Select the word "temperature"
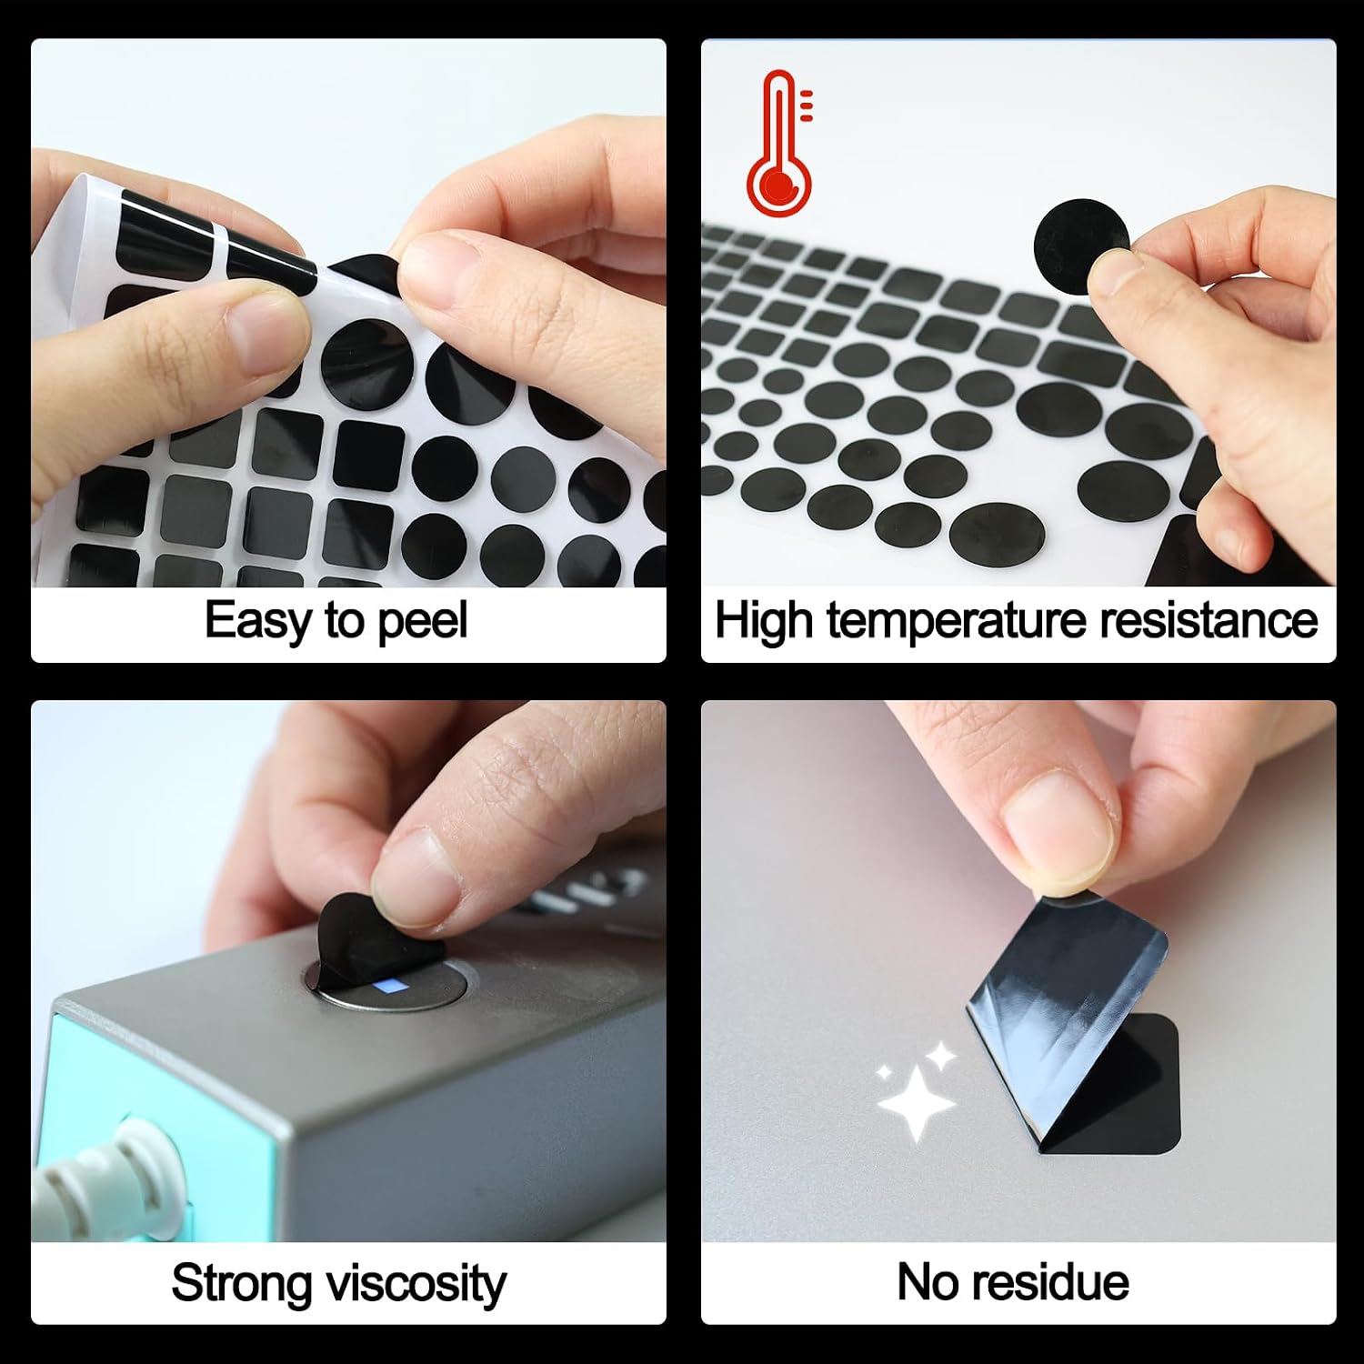(956, 622)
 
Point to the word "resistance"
(1209, 620)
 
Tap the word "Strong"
(241, 1285)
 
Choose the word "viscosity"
(416, 1285)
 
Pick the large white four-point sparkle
(917, 1103)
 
